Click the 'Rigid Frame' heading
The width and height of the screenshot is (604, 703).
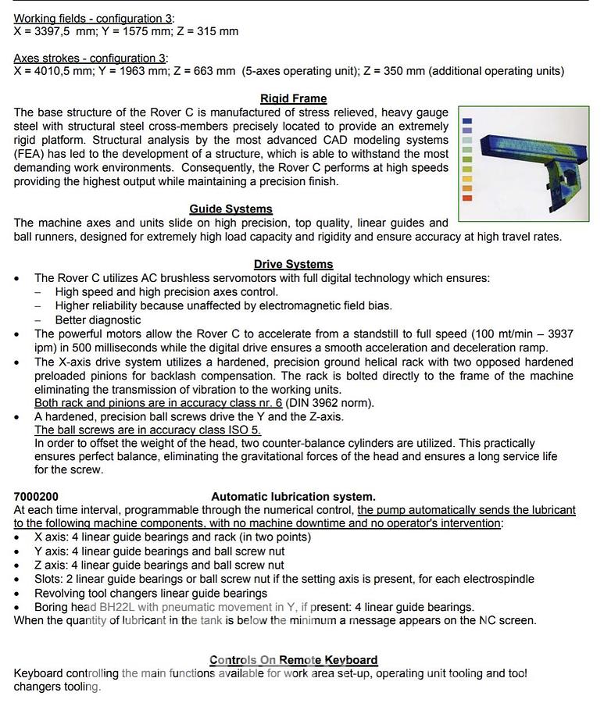pyautogui.click(x=293, y=98)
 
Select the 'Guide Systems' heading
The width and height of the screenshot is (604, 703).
pyautogui.click(x=231, y=209)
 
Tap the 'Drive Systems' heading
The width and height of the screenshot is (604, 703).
pyautogui.click(x=293, y=264)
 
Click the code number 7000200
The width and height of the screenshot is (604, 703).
pyautogui.click(x=36, y=496)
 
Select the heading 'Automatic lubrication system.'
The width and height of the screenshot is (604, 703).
pyautogui.click(x=293, y=496)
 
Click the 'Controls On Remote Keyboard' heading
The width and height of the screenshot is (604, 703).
pyautogui.click(x=293, y=660)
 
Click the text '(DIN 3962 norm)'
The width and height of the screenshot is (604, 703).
pyautogui.click(x=330, y=403)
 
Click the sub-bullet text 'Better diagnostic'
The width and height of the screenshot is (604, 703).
pyautogui.click(x=98, y=319)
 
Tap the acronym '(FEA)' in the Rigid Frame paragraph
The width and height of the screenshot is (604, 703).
pyautogui.click(x=30, y=154)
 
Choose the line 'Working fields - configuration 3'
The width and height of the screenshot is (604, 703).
pyautogui.click(x=94, y=18)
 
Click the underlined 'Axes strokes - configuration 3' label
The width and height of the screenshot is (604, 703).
pyautogui.click(x=91, y=58)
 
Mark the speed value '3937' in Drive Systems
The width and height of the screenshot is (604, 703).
pyautogui.click(x=556, y=334)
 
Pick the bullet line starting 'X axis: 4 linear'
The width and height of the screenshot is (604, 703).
pyautogui.click(x=172, y=537)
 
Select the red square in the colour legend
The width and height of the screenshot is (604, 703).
pyautogui.click(x=467, y=198)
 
